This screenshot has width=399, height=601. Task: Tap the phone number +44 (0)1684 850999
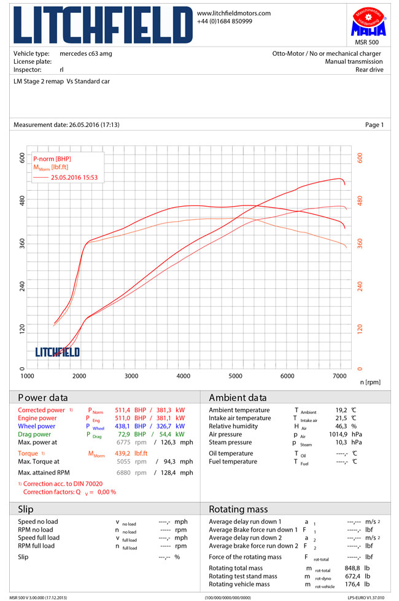(x=224, y=21)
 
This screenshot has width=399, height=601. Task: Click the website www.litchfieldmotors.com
(x=233, y=13)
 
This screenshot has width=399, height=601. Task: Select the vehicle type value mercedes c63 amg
(x=86, y=54)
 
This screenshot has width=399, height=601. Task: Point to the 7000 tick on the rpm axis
(x=340, y=375)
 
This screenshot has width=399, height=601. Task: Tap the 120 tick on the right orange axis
(x=360, y=328)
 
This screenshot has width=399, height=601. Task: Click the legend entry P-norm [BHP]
(x=52, y=159)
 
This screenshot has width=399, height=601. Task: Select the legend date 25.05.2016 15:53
(x=74, y=177)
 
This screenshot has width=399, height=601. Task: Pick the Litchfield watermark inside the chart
(x=57, y=352)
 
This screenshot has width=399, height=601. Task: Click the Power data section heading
(x=43, y=397)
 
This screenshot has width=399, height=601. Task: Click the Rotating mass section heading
(x=238, y=509)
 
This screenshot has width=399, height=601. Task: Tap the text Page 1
(x=374, y=125)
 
